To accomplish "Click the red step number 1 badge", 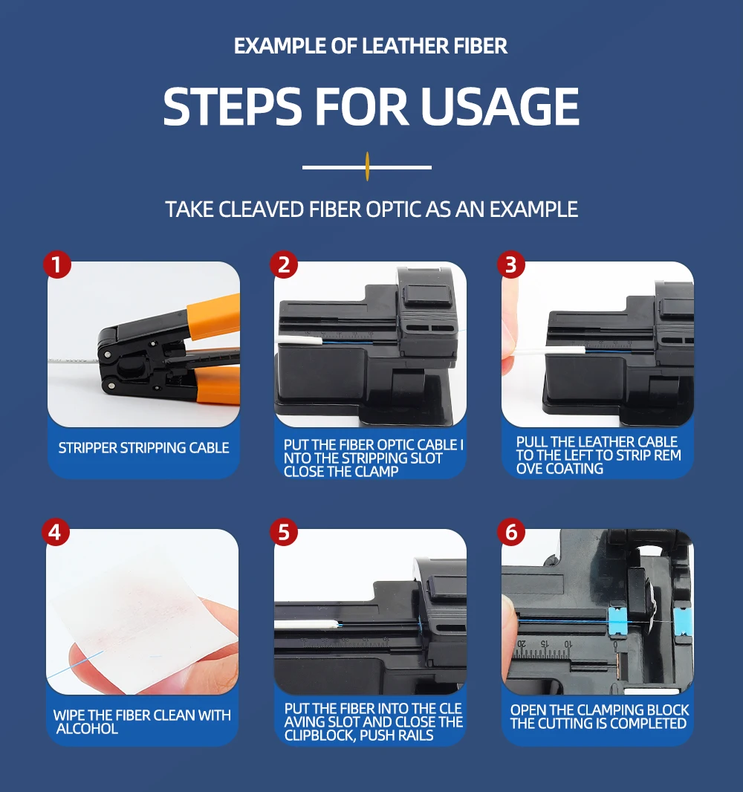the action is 56,264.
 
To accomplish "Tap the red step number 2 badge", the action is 284,264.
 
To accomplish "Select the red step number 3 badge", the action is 511,264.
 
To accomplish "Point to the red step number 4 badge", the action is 56,533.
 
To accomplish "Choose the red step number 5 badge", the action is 284,533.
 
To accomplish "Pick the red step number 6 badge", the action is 511,533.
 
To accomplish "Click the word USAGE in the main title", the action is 499,106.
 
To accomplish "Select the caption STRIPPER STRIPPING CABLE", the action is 143,447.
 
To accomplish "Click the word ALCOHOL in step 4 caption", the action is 87,728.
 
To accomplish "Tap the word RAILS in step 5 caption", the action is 415,735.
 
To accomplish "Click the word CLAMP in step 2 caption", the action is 376,471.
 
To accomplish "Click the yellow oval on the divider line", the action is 367,166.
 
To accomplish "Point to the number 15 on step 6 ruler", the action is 544,644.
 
